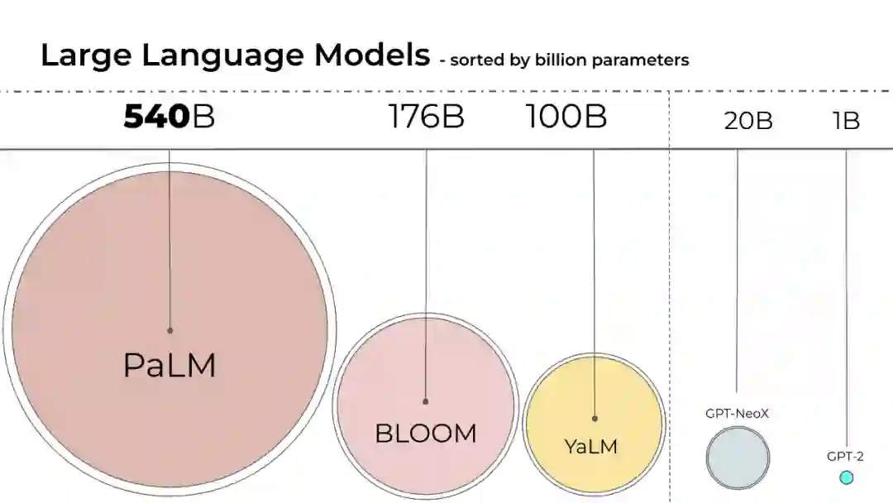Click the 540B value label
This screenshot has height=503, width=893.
169,117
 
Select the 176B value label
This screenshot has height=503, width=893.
426,117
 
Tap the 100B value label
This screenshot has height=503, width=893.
566,117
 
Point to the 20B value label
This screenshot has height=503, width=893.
748,121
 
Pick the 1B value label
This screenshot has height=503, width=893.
846,121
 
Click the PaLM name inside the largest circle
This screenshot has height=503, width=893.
170,365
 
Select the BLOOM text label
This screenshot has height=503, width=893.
426,433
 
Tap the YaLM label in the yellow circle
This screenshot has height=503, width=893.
590,447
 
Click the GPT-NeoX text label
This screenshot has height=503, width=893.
738,413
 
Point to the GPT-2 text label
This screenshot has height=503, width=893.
845,456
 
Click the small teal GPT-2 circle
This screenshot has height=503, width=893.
846,477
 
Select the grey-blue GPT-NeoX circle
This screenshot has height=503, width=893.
738,458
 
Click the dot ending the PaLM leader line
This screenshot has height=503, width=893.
170,330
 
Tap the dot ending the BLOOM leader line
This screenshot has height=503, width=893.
426,401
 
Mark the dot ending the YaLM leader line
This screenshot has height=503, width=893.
595,419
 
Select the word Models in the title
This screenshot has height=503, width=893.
371,55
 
